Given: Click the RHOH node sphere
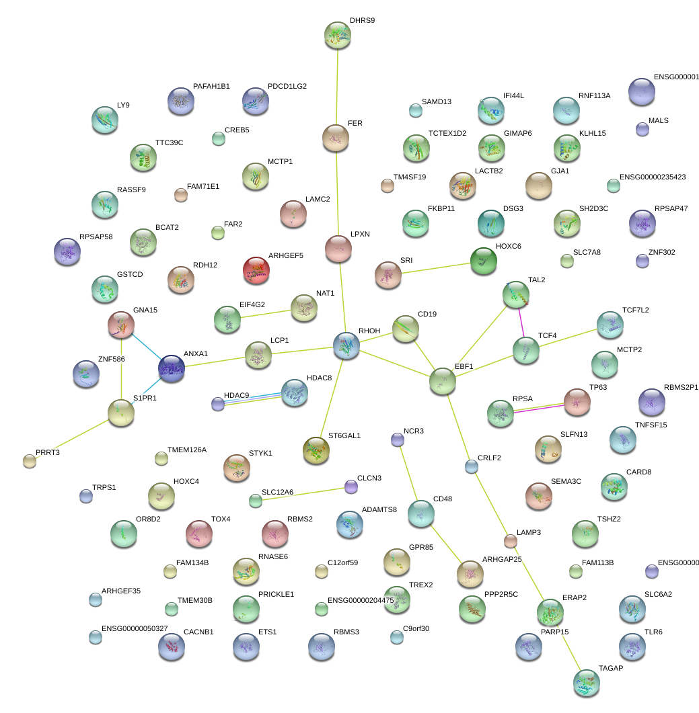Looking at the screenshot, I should (346, 345).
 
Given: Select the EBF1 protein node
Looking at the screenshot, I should (442, 381).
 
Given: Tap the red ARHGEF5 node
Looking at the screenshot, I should (256, 270).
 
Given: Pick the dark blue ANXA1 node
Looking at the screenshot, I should (171, 368).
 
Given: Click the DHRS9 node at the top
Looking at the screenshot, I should (337, 34).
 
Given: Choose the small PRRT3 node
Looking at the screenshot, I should (30, 460).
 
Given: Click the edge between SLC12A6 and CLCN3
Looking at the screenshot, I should (303, 493).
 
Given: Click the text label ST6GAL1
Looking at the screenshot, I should (344, 435).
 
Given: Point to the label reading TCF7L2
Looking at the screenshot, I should (636, 310).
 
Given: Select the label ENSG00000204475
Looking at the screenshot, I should (361, 600).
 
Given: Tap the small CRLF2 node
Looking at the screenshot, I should (472, 466).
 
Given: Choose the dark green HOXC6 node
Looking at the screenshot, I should (483, 261).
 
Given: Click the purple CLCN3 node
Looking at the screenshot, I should (351, 487).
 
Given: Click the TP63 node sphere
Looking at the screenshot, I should (577, 401).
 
